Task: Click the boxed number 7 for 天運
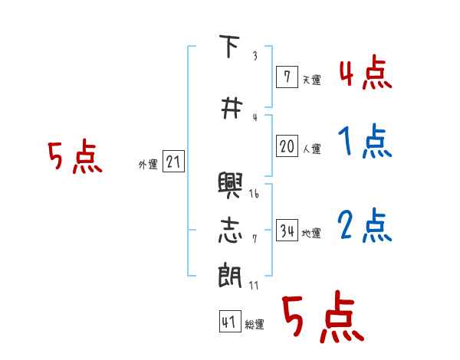[287, 77]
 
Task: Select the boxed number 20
[287, 146]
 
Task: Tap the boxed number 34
[287, 231]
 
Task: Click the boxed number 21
[173, 162]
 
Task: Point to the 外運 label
[148, 164]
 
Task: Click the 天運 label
[311, 79]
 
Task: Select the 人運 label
[311, 149]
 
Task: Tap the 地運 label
[311, 233]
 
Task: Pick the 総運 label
[255, 325]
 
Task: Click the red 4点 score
[365, 74]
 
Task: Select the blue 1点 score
[365, 142]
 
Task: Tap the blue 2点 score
[365, 226]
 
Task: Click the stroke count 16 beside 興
[254, 194]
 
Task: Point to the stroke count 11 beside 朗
[254, 285]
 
